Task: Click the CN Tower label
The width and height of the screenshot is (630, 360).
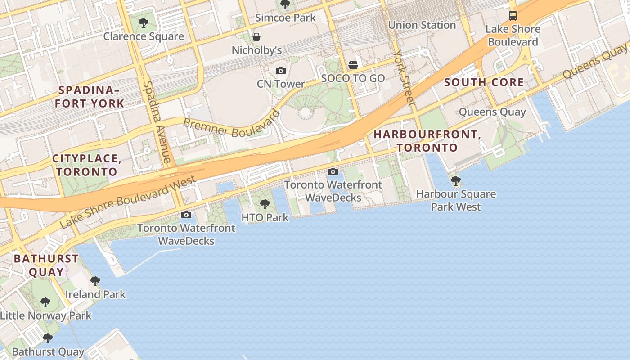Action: (280, 84)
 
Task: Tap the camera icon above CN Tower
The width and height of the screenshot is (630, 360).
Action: (280, 71)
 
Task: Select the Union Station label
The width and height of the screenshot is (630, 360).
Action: (422, 25)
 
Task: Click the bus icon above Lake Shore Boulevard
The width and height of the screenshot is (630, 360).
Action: (513, 16)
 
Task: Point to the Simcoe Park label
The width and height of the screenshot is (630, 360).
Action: (285, 18)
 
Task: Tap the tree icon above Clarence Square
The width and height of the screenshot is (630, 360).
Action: (144, 23)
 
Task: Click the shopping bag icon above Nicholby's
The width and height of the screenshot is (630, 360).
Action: (256, 37)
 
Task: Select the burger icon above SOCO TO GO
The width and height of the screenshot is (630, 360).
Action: (353, 65)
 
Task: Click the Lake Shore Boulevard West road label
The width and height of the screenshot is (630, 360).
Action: (128, 202)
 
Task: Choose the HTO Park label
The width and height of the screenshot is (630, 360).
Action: (265, 218)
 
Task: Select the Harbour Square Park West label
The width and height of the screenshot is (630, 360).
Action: (456, 201)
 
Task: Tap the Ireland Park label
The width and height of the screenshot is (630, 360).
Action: (95, 295)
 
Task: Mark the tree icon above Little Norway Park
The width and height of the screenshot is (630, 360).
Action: (45, 302)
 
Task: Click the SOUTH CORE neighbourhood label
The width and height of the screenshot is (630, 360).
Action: (484, 82)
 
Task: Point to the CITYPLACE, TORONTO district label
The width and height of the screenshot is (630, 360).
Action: (86, 165)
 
